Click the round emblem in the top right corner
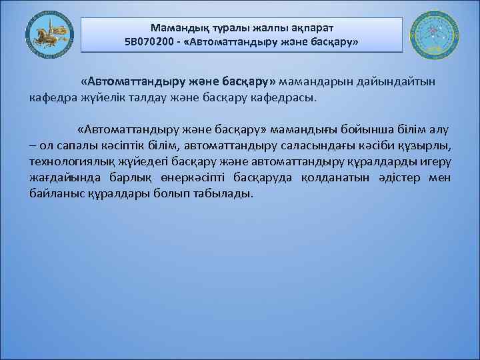point(433,35)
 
